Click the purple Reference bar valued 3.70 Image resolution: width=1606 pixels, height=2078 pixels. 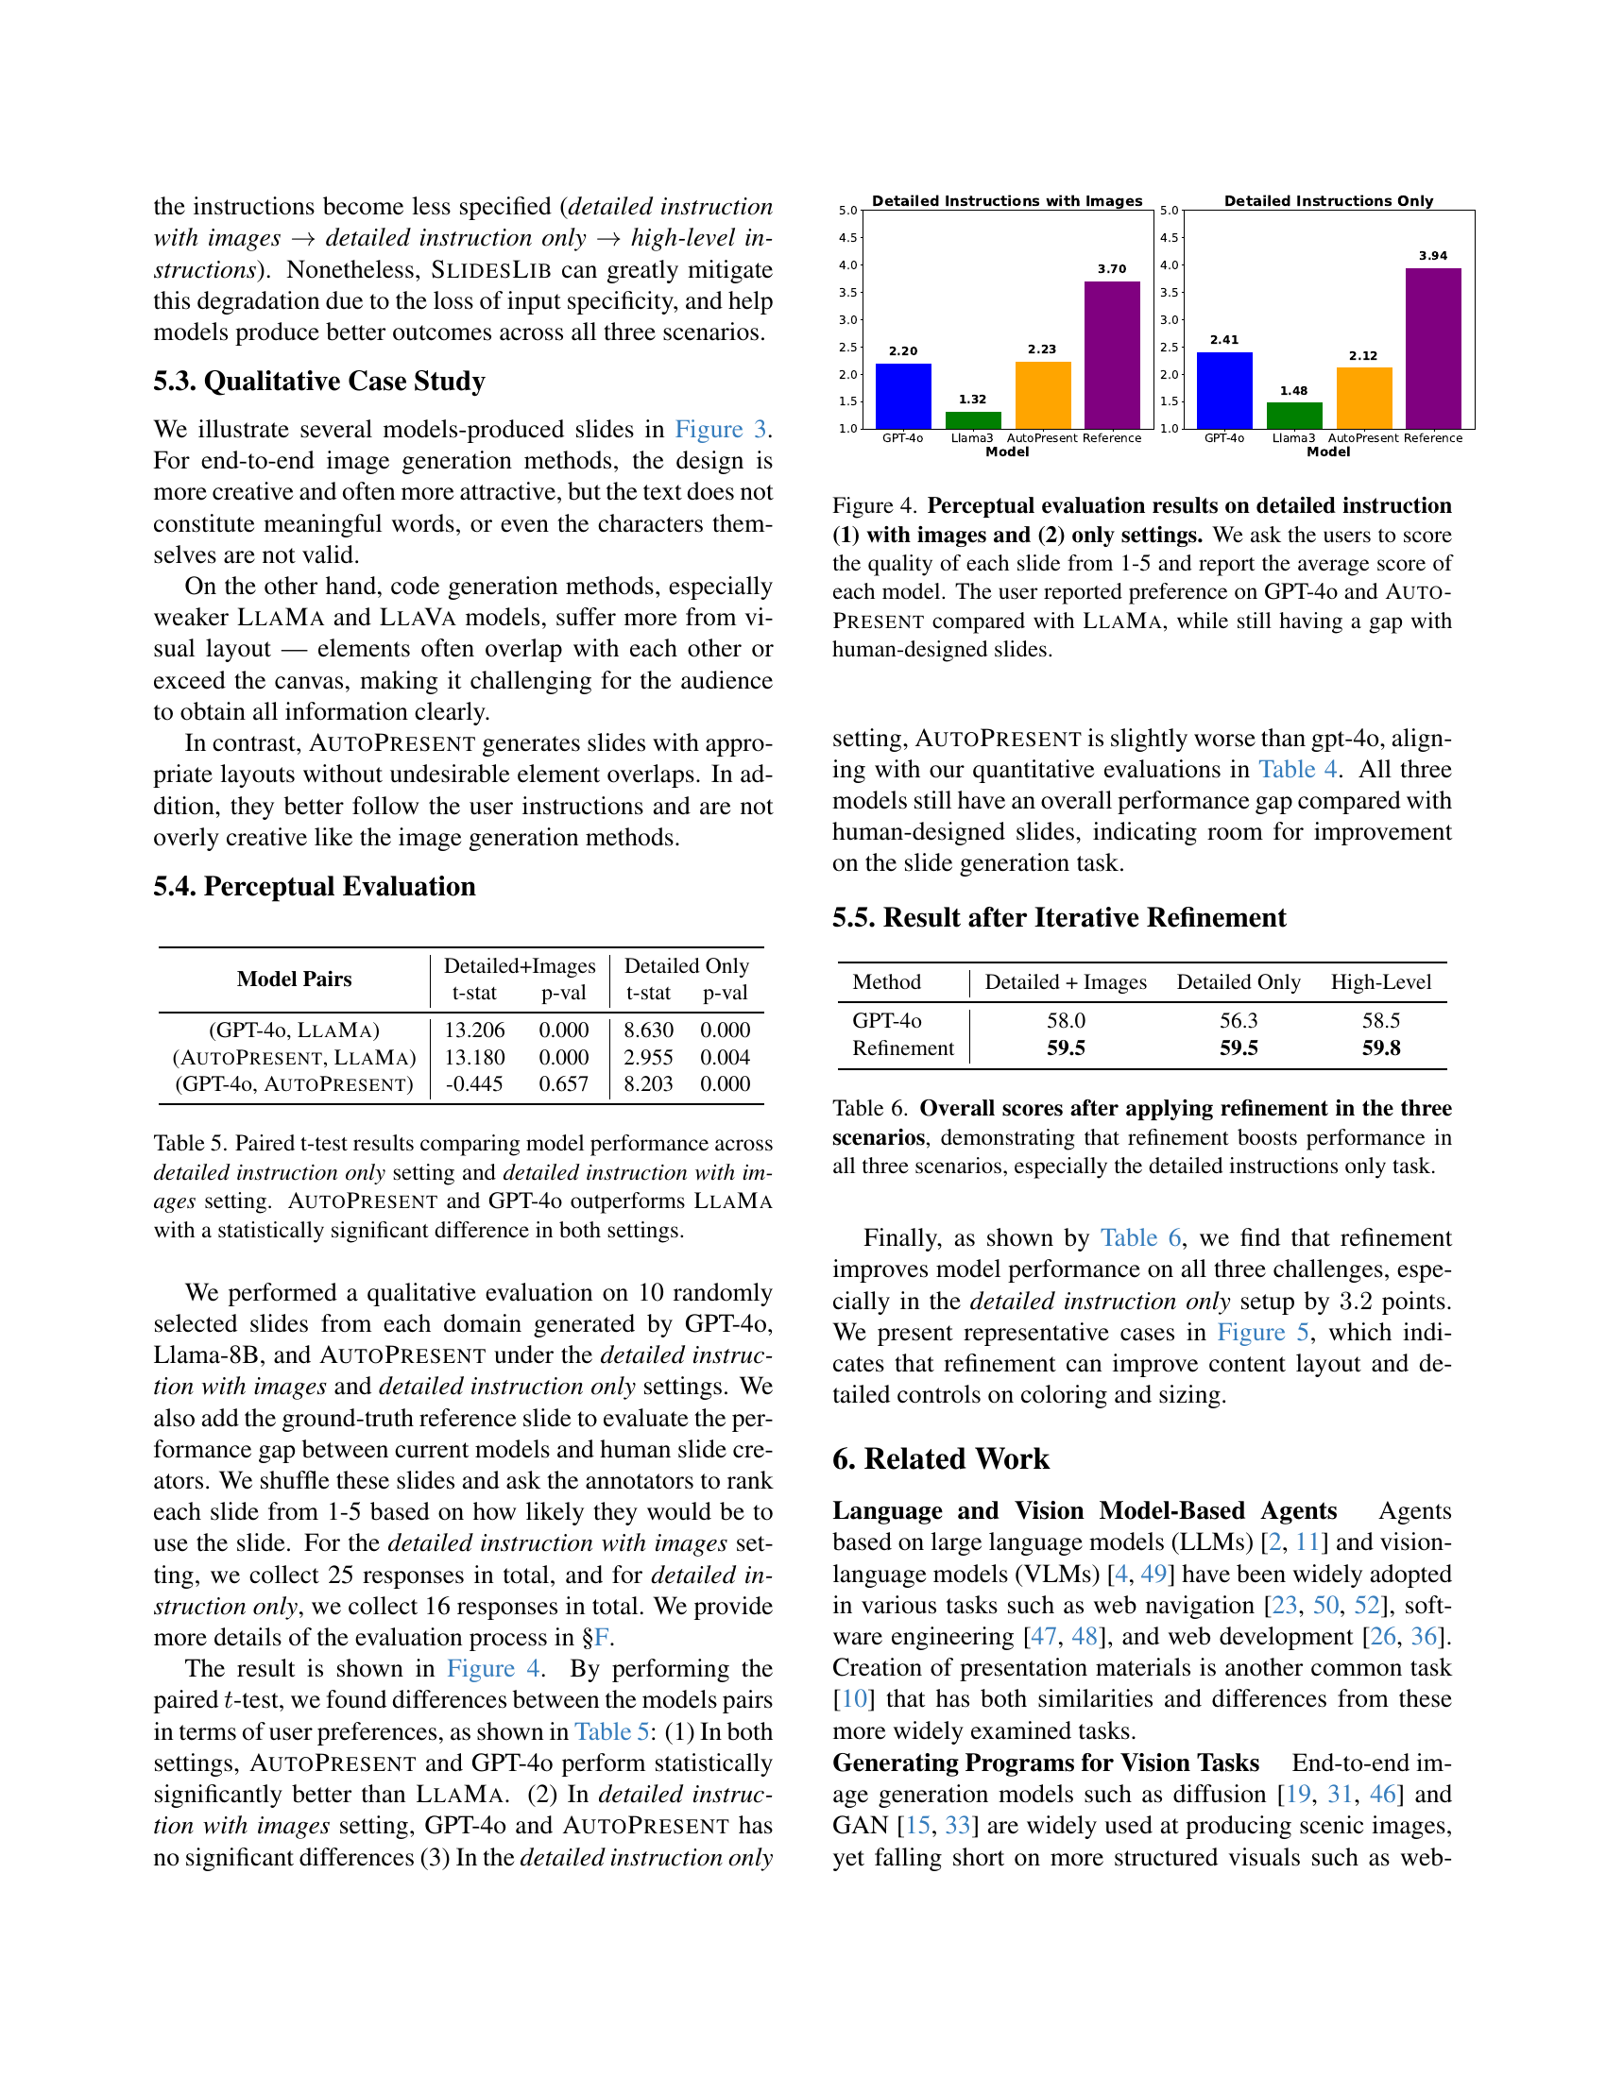(1111, 355)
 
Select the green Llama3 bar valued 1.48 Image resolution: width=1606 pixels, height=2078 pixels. (1294, 416)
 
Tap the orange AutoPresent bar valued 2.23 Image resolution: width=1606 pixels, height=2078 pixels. (1042, 395)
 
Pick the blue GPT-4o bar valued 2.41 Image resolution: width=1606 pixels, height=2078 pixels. (1223, 390)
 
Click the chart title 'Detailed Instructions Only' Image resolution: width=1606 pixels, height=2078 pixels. (1328, 201)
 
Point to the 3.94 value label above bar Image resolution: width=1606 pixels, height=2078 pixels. (1433, 256)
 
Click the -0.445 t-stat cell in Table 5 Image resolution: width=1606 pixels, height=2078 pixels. (474, 1083)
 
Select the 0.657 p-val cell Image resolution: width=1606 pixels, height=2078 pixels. (563, 1083)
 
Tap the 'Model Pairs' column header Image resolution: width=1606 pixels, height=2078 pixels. (294, 979)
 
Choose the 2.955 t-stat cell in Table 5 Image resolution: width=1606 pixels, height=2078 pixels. (648, 1057)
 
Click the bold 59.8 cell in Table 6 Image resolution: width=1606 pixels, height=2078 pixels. (1380, 1048)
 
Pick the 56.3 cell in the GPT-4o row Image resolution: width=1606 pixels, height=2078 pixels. (1238, 1020)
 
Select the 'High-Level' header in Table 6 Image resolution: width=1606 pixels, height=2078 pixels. (1380, 982)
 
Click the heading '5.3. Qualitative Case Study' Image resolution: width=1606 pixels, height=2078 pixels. (318, 381)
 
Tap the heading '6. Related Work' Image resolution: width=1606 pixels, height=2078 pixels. (940, 1458)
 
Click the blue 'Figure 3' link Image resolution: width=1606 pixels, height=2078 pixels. (720, 429)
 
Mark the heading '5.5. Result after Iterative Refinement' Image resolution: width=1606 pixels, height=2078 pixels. (1058, 917)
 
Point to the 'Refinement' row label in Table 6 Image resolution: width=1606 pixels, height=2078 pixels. (903, 1048)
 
